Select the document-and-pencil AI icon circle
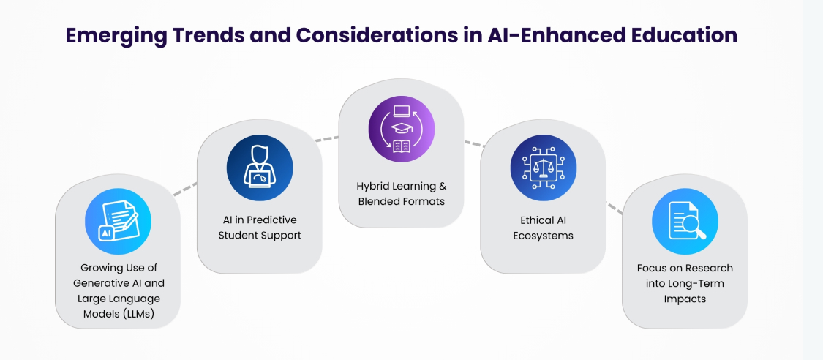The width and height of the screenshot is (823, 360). pos(118,222)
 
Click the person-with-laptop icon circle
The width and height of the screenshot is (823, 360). pos(260,168)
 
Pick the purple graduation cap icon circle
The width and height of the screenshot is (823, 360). pos(402,129)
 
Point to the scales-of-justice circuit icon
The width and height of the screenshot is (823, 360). pos(544,168)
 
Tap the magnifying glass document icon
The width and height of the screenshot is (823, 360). pos(685,222)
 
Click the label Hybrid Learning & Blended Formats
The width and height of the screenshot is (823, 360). pos(402,194)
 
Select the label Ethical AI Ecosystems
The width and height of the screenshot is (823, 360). pos(544,228)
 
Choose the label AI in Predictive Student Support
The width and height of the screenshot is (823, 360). pos(260,228)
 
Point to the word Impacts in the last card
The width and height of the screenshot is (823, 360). pos(685,299)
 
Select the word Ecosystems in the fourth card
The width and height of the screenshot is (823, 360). pos(544,236)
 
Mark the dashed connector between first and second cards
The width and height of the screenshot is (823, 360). pos(185,189)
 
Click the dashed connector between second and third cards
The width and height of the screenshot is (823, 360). pos(326,139)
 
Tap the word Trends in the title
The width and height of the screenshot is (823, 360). pos(207,34)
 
